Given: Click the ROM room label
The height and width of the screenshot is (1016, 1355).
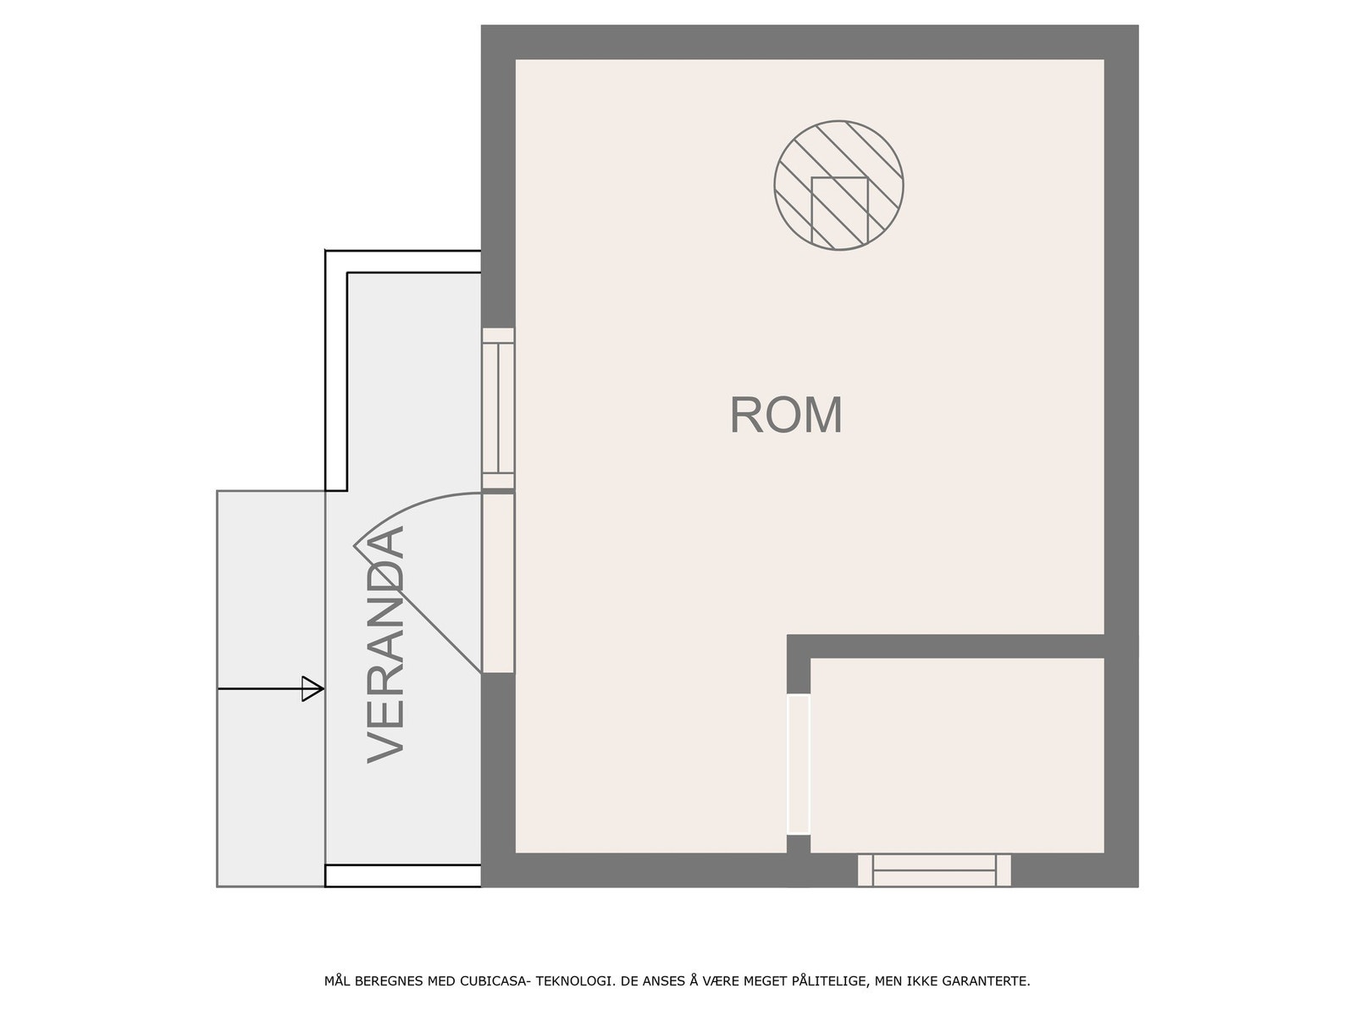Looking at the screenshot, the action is pyautogui.click(x=785, y=415).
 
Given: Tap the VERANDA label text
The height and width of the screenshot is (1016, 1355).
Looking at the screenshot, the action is pyautogui.click(x=385, y=644).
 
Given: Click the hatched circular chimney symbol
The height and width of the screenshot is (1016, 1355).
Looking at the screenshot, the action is pyautogui.click(x=838, y=185).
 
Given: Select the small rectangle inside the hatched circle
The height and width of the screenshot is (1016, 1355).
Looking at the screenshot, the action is pyautogui.click(x=839, y=213).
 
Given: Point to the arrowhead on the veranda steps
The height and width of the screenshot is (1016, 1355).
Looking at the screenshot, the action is pyautogui.click(x=313, y=688).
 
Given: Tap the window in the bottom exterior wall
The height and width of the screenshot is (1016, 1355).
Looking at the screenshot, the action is pyautogui.click(x=934, y=870).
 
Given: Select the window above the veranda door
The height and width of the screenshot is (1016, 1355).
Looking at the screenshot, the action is pyautogui.click(x=498, y=408).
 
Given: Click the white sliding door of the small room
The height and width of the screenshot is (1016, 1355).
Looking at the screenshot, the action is pyautogui.click(x=799, y=765).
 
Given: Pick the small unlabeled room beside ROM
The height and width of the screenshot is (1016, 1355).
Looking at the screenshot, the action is pyautogui.click(x=957, y=755).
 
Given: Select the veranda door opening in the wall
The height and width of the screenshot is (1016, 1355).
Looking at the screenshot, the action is pyautogui.click(x=498, y=583).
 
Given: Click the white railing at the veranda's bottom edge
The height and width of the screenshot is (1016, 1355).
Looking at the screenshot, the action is pyautogui.click(x=403, y=876).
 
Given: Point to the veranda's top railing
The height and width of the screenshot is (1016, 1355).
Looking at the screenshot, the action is pyautogui.click(x=403, y=262).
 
